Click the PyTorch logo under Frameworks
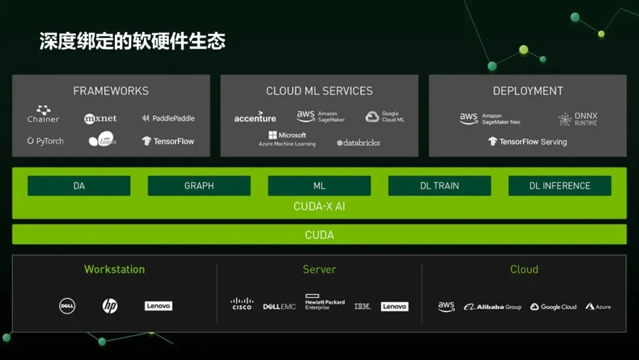tap(45, 141)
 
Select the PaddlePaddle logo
tap(168, 118)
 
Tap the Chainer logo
tap(43, 114)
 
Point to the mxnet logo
tap(100, 118)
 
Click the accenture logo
tap(255, 117)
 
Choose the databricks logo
tap(358, 143)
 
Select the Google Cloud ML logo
tap(385, 117)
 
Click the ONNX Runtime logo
tap(578, 119)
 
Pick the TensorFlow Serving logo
tap(527, 142)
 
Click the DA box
tap(79, 186)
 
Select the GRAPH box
tap(199, 186)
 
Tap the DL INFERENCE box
tap(559, 186)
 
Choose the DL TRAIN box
tap(439, 186)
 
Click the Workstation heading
tap(114, 269)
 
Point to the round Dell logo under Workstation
tap(67, 306)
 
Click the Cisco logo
tap(242, 304)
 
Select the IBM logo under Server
tap(363, 306)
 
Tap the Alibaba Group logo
tap(492, 307)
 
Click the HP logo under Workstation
tap(110, 306)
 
